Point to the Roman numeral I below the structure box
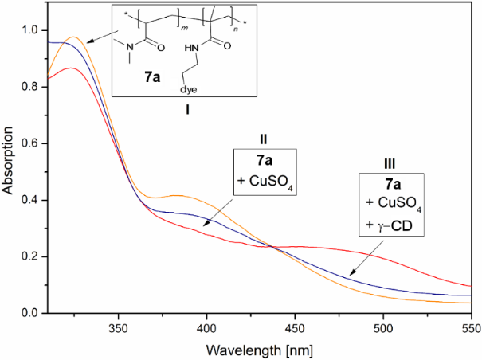(186, 110)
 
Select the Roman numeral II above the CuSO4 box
(264, 138)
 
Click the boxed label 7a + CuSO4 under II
(264, 170)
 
